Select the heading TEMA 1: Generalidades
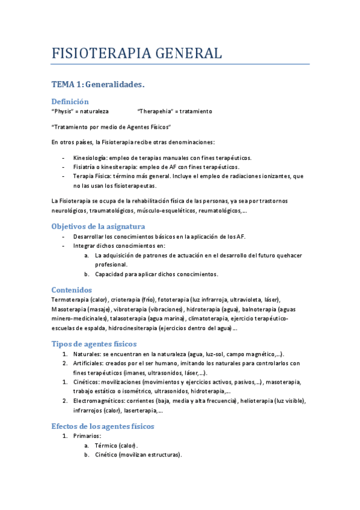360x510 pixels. pyautogui.click(x=98, y=85)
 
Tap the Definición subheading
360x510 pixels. pyautogui.click(x=70, y=102)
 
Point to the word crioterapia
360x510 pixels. pyautogui.click(x=126, y=300)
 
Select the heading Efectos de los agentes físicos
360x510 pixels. pyautogui.click(x=103, y=426)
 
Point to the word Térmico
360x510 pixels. pyautogui.click(x=106, y=446)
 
